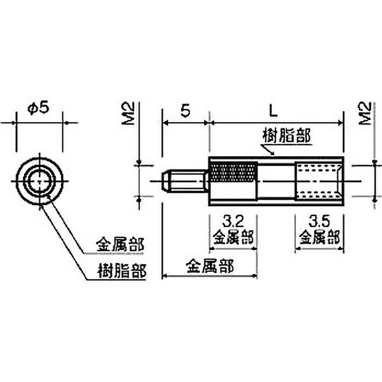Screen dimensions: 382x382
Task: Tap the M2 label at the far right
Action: (366, 114)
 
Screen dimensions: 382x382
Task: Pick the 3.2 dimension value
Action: (233, 221)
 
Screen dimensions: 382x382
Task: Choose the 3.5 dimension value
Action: (318, 221)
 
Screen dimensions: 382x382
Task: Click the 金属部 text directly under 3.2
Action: (233, 237)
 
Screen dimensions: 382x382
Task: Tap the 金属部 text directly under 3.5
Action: (318, 237)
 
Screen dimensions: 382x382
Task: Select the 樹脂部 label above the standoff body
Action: (287, 136)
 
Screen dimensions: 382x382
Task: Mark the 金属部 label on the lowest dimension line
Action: (210, 266)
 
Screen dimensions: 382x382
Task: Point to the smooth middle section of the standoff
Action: (276, 181)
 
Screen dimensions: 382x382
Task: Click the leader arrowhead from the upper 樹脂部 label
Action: (272, 155)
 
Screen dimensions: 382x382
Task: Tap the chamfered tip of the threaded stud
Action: (165, 181)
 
